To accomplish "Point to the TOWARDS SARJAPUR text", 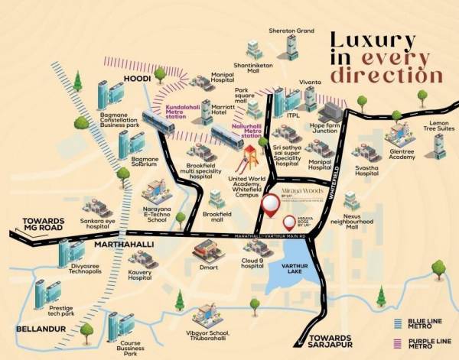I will pyautogui.click(x=331, y=342).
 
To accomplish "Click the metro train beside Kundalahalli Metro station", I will pyautogui.click(x=158, y=122).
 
